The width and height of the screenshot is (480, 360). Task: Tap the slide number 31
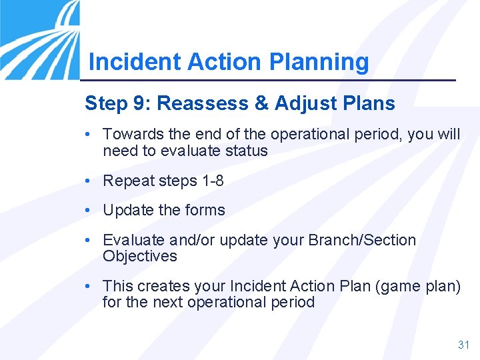(463, 345)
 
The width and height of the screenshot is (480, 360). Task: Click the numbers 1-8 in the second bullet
(209, 181)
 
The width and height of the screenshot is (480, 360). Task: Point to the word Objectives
(140, 256)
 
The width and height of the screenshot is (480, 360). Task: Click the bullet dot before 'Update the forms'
(89, 210)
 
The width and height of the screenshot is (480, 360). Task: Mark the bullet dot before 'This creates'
(89, 286)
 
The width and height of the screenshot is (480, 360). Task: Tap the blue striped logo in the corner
(40, 37)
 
